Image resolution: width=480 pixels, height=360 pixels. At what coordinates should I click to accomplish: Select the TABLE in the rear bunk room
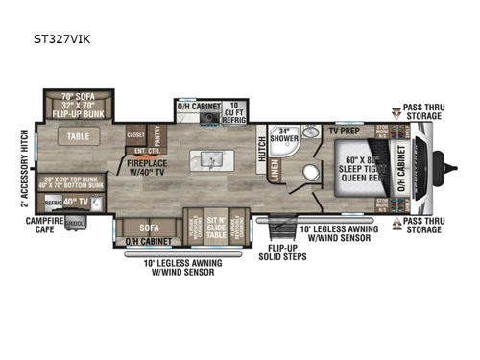(x=79, y=138)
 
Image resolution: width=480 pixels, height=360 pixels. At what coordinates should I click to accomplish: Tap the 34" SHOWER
(x=283, y=135)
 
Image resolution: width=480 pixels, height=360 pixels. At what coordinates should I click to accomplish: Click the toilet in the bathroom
(x=310, y=173)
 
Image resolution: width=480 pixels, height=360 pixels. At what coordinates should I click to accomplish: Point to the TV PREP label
(x=345, y=129)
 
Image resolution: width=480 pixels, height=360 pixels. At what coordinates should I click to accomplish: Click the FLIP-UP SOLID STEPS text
(x=286, y=254)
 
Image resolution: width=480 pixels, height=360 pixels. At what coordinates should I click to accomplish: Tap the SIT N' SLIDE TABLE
(x=217, y=227)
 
